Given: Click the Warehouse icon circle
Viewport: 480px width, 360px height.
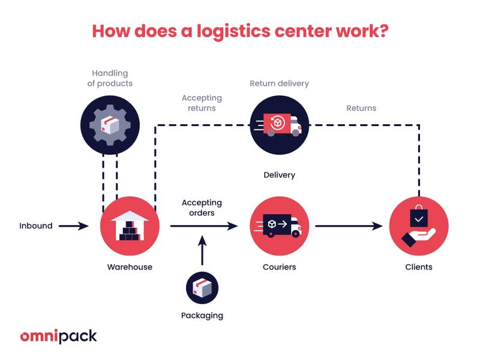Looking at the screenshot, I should coord(130,226).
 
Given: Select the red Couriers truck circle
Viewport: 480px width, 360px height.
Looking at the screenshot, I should coord(279,226).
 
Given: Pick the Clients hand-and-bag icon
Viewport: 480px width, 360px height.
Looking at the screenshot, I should coord(418,226).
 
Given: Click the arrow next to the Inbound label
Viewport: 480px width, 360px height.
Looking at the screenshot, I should coord(73,226).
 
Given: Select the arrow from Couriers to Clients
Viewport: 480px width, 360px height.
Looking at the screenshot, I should coord(349,226).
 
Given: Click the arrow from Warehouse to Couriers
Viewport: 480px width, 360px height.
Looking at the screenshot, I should coord(204,226).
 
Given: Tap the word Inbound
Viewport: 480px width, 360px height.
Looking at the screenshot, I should coord(36,226).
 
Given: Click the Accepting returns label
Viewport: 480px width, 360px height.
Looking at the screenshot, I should coord(202,103).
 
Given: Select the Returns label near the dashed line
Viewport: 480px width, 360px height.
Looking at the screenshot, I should coord(361,108).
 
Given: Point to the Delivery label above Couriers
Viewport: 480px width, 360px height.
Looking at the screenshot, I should coord(279,175).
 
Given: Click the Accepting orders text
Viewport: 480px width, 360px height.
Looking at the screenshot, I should coord(202,208).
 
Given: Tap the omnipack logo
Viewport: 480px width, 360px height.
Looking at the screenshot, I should coord(58,335).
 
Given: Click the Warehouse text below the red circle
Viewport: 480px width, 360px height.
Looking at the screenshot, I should coord(130,267).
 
